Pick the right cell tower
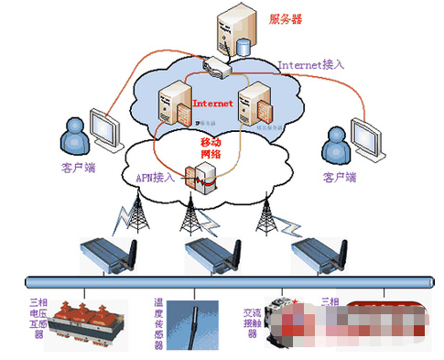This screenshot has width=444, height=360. point(265,216)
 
